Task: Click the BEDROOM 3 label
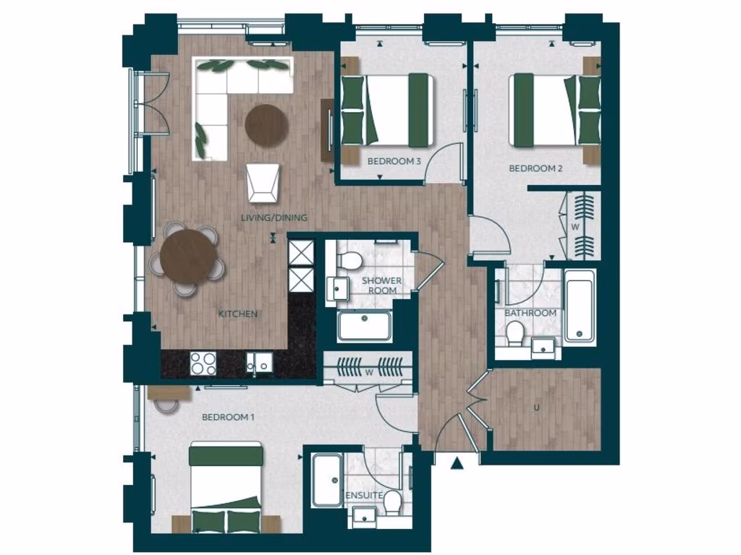click(394, 161)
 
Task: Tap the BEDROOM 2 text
click(536, 168)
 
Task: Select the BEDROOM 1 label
click(228, 417)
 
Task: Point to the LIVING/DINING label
click(274, 218)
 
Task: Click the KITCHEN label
click(238, 314)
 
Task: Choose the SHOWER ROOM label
click(382, 285)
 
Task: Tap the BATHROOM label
click(530, 313)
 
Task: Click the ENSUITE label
click(363, 495)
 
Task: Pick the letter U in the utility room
click(536, 408)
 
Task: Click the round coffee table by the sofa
click(266, 126)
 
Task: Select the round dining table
click(188, 257)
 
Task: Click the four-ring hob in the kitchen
click(203, 363)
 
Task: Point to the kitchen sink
click(260, 362)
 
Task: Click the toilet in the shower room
click(352, 259)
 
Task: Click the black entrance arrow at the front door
click(456, 463)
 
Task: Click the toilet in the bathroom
click(515, 333)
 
